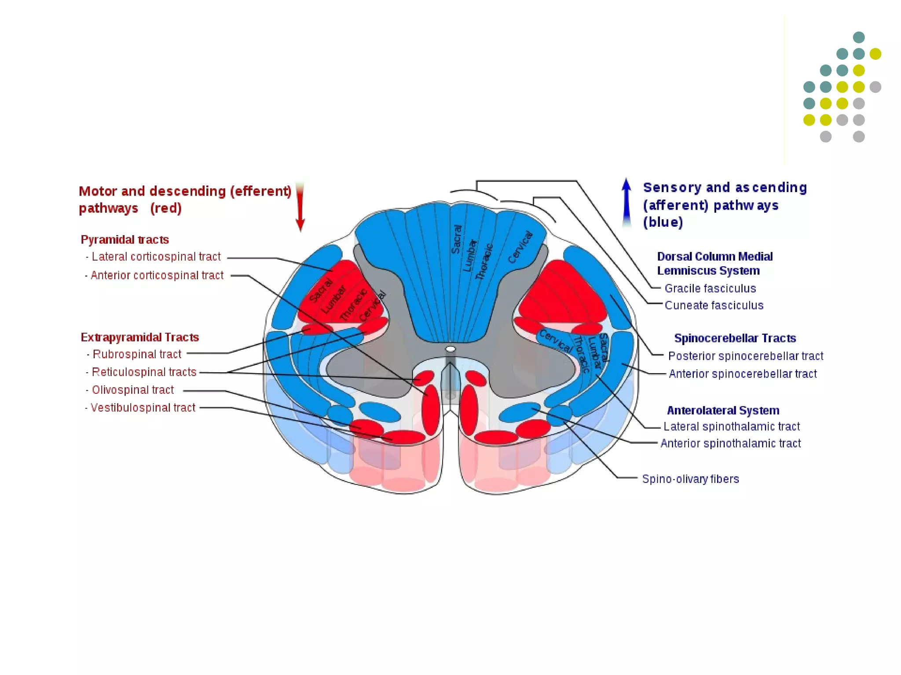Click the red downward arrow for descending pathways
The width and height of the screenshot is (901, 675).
tap(300, 207)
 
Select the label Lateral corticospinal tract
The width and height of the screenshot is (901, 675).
tap(156, 257)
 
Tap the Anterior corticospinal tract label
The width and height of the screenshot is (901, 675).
tap(157, 276)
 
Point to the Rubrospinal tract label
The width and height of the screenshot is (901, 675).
tap(137, 354)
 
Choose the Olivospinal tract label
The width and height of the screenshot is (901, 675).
tap(133, 390)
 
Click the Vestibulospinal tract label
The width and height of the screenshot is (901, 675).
tap(143, 408)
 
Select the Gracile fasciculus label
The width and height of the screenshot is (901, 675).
tap(710, 288)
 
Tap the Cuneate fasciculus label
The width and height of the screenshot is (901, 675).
tap(714, 305)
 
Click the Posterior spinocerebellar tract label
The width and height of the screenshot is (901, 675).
tap(745, 356)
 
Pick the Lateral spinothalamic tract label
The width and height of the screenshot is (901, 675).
tap(731, 426)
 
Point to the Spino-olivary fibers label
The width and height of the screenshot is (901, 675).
tap(690, 479)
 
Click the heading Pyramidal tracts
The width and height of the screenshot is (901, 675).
tap(125, 240)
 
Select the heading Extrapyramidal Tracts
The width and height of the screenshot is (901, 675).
tap(140, 337)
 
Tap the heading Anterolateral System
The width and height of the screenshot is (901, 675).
tap(723, 410)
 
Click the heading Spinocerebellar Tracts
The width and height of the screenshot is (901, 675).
tap(735, 338)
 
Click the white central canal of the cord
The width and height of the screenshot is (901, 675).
tap(450, 349)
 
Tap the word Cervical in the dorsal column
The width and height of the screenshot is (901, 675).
tap(520, 247)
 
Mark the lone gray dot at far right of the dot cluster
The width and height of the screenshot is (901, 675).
tap(875, 87)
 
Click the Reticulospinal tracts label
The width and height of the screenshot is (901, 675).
tap(144, 372)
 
